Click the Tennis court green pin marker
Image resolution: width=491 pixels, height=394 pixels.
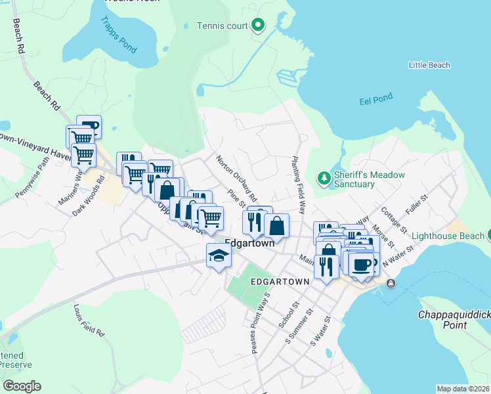tap(258, 26)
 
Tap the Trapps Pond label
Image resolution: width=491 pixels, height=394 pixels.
tap(118, 37)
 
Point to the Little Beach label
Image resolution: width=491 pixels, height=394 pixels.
tap(429, 65)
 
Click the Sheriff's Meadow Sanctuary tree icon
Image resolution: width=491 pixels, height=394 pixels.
tap(323, 178)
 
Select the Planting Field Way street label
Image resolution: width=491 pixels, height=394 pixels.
tap(299, 186)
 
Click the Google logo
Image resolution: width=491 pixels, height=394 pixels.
tap(22, 386)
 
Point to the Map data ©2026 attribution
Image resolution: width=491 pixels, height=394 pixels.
tap(463, 389)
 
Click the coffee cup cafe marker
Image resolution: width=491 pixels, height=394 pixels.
tap(360, 264)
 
